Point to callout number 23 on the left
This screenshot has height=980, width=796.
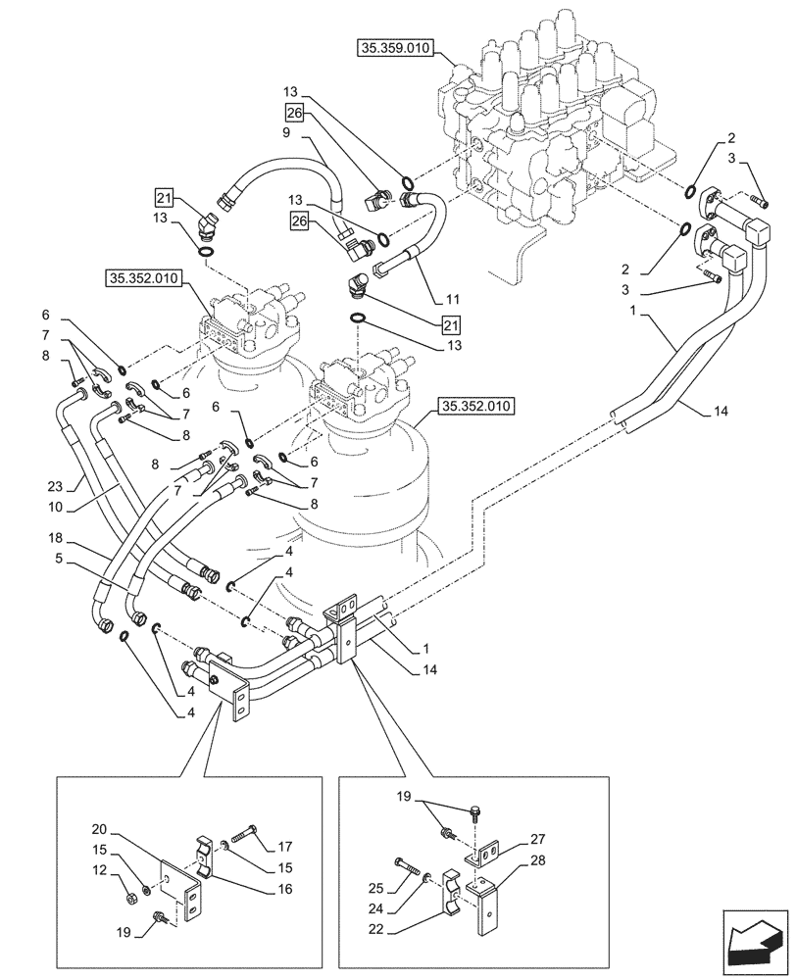point(56,484)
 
